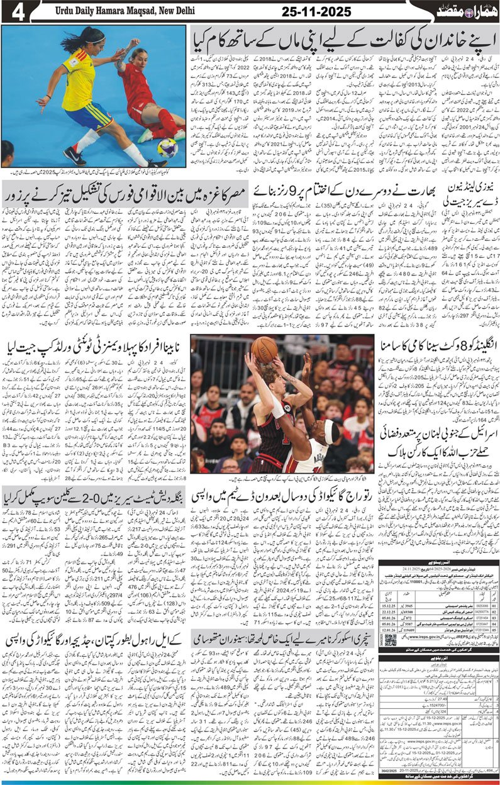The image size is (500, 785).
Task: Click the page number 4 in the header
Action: tap(12, 12)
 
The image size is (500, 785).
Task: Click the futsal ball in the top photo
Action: tap(167, 148)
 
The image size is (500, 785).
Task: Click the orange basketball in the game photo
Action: tap(264, 348)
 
